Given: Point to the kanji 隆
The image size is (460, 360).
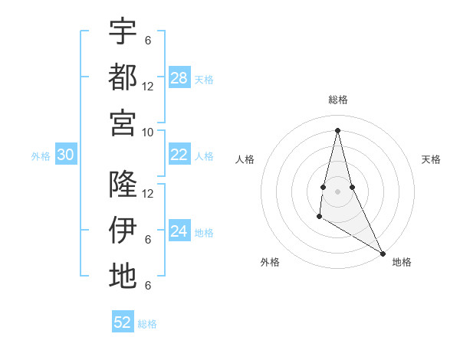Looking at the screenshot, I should pyautogui.click(x=123, y=184).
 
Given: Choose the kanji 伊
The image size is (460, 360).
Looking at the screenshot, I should pyautogui.click(x=123, y=230).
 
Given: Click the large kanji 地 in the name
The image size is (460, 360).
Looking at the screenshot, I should pyautogui.click(x=123, y=276).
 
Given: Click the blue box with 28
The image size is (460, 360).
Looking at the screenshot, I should pyautogui.click(x=179, y=78).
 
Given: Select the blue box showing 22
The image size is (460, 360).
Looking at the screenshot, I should pyautogui.click(x=179, y=155).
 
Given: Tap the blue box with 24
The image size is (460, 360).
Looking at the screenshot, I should pyautogui.click(x=179, y=231).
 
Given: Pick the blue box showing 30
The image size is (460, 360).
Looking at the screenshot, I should pyautogui.click(x=66, y=155).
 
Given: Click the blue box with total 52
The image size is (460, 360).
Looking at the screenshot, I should pyautogui.click(x=123, y=322).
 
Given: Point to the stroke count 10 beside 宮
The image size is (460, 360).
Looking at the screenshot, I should pyautogui.click(x=148, y=132).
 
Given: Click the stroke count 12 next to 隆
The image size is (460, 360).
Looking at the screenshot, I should pyautogui.click(x=148, y=193).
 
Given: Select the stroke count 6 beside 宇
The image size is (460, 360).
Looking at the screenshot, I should pyautogui.click(x=148, y=40).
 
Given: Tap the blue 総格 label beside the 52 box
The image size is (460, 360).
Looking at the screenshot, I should pyautogui.click(x=147, y=324).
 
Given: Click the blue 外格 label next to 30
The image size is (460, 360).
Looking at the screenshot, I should pyautogui.click(x=41, y=156).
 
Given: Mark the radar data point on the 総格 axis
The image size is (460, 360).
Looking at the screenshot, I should pyautogui.click(x=337, y=129).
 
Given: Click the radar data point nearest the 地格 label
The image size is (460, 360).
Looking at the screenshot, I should pyautogui.click(x=383, y=254).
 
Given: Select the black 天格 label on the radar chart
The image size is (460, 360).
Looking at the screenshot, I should pyautogui.click(x=431, y=159).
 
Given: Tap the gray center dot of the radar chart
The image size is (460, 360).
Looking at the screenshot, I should pyautogui.click(x=337, y=191).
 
